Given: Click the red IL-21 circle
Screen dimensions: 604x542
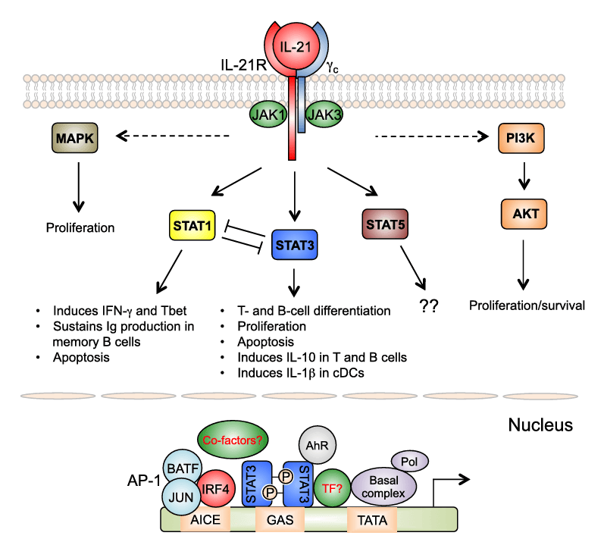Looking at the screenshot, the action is click(x=296, y=46).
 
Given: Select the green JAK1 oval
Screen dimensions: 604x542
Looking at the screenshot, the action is click(x=268, y=114).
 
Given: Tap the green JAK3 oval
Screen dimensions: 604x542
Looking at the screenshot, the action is click(x=324, y=114).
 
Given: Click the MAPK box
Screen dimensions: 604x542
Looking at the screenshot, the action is click(x=75, y=138).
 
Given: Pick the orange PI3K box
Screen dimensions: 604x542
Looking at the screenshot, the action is click(x=521, y=138).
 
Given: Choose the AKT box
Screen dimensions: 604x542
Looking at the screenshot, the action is click(x=524, y=214).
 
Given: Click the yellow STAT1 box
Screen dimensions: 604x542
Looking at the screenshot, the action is click(x=192, y=225).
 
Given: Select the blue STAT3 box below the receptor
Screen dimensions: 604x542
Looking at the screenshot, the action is click(x=295, y=245).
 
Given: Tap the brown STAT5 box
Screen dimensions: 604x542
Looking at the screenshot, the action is click(x=385, y=224).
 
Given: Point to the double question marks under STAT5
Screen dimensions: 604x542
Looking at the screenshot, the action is click(x=429, y=305).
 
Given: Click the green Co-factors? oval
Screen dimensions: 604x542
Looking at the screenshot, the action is click(x=233, y=440).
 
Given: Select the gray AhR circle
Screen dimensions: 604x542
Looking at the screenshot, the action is click(x=318, y=445).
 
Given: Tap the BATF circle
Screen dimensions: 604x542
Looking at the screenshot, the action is click(x=183, y=468).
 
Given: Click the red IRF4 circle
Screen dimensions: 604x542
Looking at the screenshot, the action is click(x=216, y=488).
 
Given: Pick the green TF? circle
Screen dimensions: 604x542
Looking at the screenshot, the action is click(x=332, y=487).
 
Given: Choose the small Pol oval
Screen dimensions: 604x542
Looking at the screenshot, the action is click(x=410, y=461).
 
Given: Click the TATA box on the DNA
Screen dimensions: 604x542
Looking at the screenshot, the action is click(x=372, y=520).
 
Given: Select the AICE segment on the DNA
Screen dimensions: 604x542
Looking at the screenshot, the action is click(x=205, y=520).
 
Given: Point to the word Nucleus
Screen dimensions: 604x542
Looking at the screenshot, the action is click(x=540, y=425).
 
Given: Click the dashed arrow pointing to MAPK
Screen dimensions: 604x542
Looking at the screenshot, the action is click(x=173, y=136).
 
